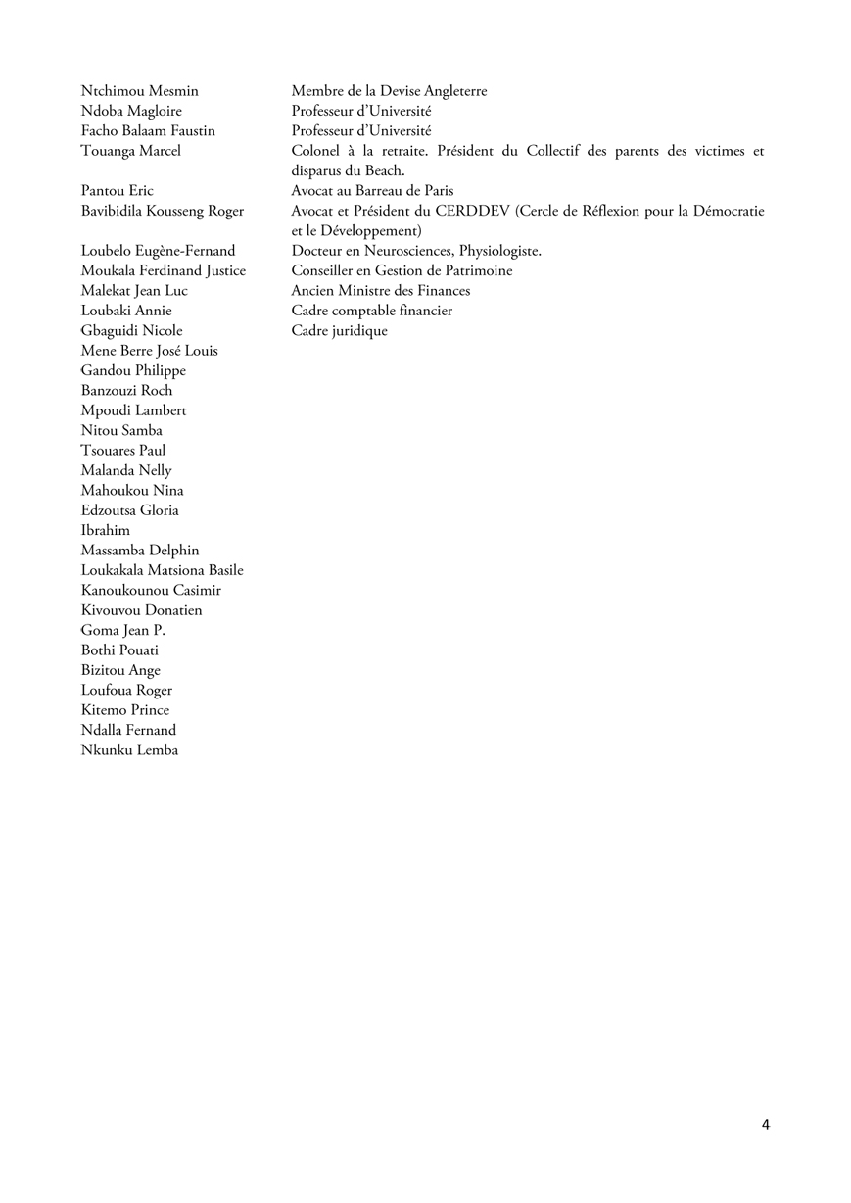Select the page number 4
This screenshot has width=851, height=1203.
[x=766, y=1124]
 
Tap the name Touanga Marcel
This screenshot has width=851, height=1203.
[x=130, y=151]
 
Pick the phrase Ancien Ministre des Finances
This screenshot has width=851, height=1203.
[x=380, y=291]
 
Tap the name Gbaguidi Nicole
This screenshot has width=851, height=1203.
[x=131, y=331]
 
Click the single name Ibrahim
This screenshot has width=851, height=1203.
[x=105, y=530]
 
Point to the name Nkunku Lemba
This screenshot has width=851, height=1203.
[x=129, y=750]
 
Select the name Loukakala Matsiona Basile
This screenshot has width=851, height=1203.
[x=162, y=570]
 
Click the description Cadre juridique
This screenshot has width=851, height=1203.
[x=339, y=331]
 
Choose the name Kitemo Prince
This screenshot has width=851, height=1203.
[x=124, y=710]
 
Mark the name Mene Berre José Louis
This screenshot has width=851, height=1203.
[x=149, y=351]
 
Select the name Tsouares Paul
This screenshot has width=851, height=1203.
[x=122, y=451]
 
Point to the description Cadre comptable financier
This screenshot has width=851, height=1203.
[x=371, y=311]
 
